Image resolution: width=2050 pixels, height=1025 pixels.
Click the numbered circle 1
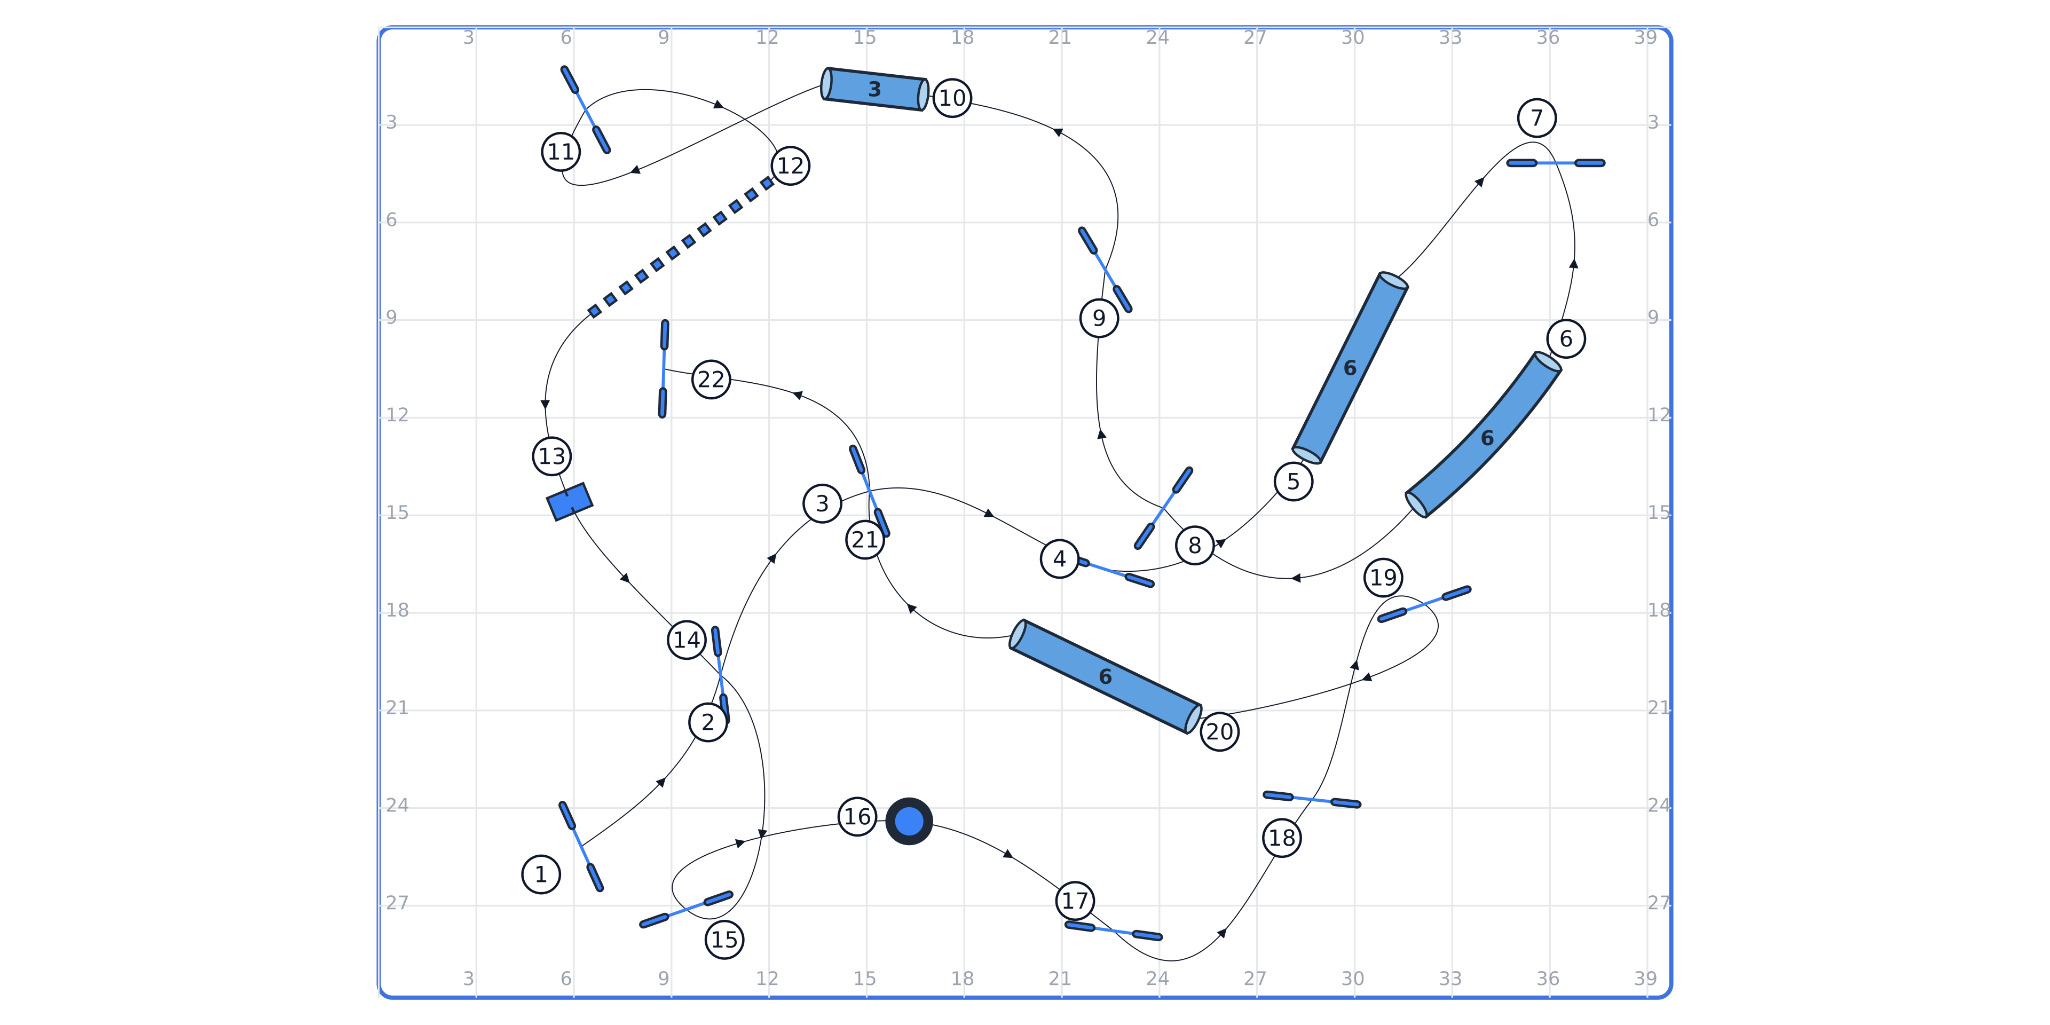pyautogui.click(x=541, y=874)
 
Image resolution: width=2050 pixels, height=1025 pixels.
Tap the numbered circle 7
pyautogui.click(x=1537, y=118)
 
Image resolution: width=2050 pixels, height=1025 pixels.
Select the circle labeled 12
pyautogui.click(x=790, y=165)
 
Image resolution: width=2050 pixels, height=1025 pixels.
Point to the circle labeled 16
pyautogui.click(x=857, y=816)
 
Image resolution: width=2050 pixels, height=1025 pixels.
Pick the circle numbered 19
pyautogui.click(x=1383, y=577)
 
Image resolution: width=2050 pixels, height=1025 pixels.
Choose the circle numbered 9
pyautogui.click(x=1099, y=318)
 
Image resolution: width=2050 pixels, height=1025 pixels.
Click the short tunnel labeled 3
pyautogui.click(x=874, y=89)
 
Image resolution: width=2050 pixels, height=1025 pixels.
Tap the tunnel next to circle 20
pyautogui.click(x=1106, y=676)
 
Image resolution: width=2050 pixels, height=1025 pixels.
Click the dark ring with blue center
pyautogui.click(x=909, y=821)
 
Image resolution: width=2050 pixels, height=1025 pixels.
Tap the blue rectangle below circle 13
pyautogui.click(x=569, y=502)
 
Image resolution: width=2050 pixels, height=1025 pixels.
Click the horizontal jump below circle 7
pyautogui.click(x=1555, y=163)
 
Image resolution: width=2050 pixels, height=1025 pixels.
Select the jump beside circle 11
pyautogui.click(x=585, y=110)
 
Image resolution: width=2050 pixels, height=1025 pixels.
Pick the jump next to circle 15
pyautogui.click(x=686, y=910)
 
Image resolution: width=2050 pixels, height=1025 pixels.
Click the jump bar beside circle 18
pyautogui.click(x=1312, y=799)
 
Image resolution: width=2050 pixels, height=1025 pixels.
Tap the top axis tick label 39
pyautogui.click(x=1645, y=37)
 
